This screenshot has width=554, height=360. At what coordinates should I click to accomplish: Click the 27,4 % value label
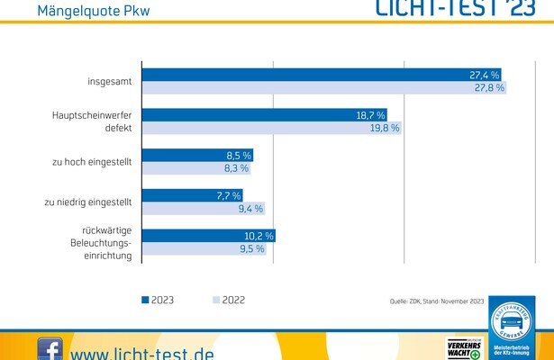(484, 75)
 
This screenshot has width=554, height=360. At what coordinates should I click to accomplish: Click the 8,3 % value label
(235, 168)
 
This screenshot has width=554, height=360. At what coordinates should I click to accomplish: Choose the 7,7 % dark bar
(194, 195)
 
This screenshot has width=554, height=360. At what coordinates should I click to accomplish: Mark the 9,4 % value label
(250, 209)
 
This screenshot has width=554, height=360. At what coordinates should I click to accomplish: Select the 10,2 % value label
(259, 236)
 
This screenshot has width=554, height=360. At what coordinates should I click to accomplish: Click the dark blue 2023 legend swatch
(145, 301)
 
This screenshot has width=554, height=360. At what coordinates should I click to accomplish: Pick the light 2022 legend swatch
(216, 301)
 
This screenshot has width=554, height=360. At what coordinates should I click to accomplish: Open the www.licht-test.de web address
(142, 352)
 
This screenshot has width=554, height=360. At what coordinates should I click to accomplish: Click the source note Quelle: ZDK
(437, 302)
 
